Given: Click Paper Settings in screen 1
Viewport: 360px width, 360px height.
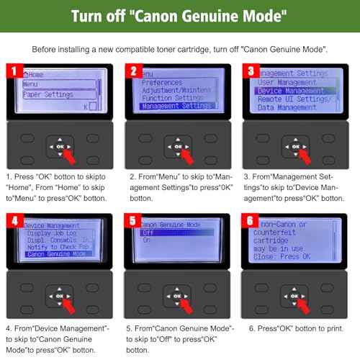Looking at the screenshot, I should click(x=47, y=94).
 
